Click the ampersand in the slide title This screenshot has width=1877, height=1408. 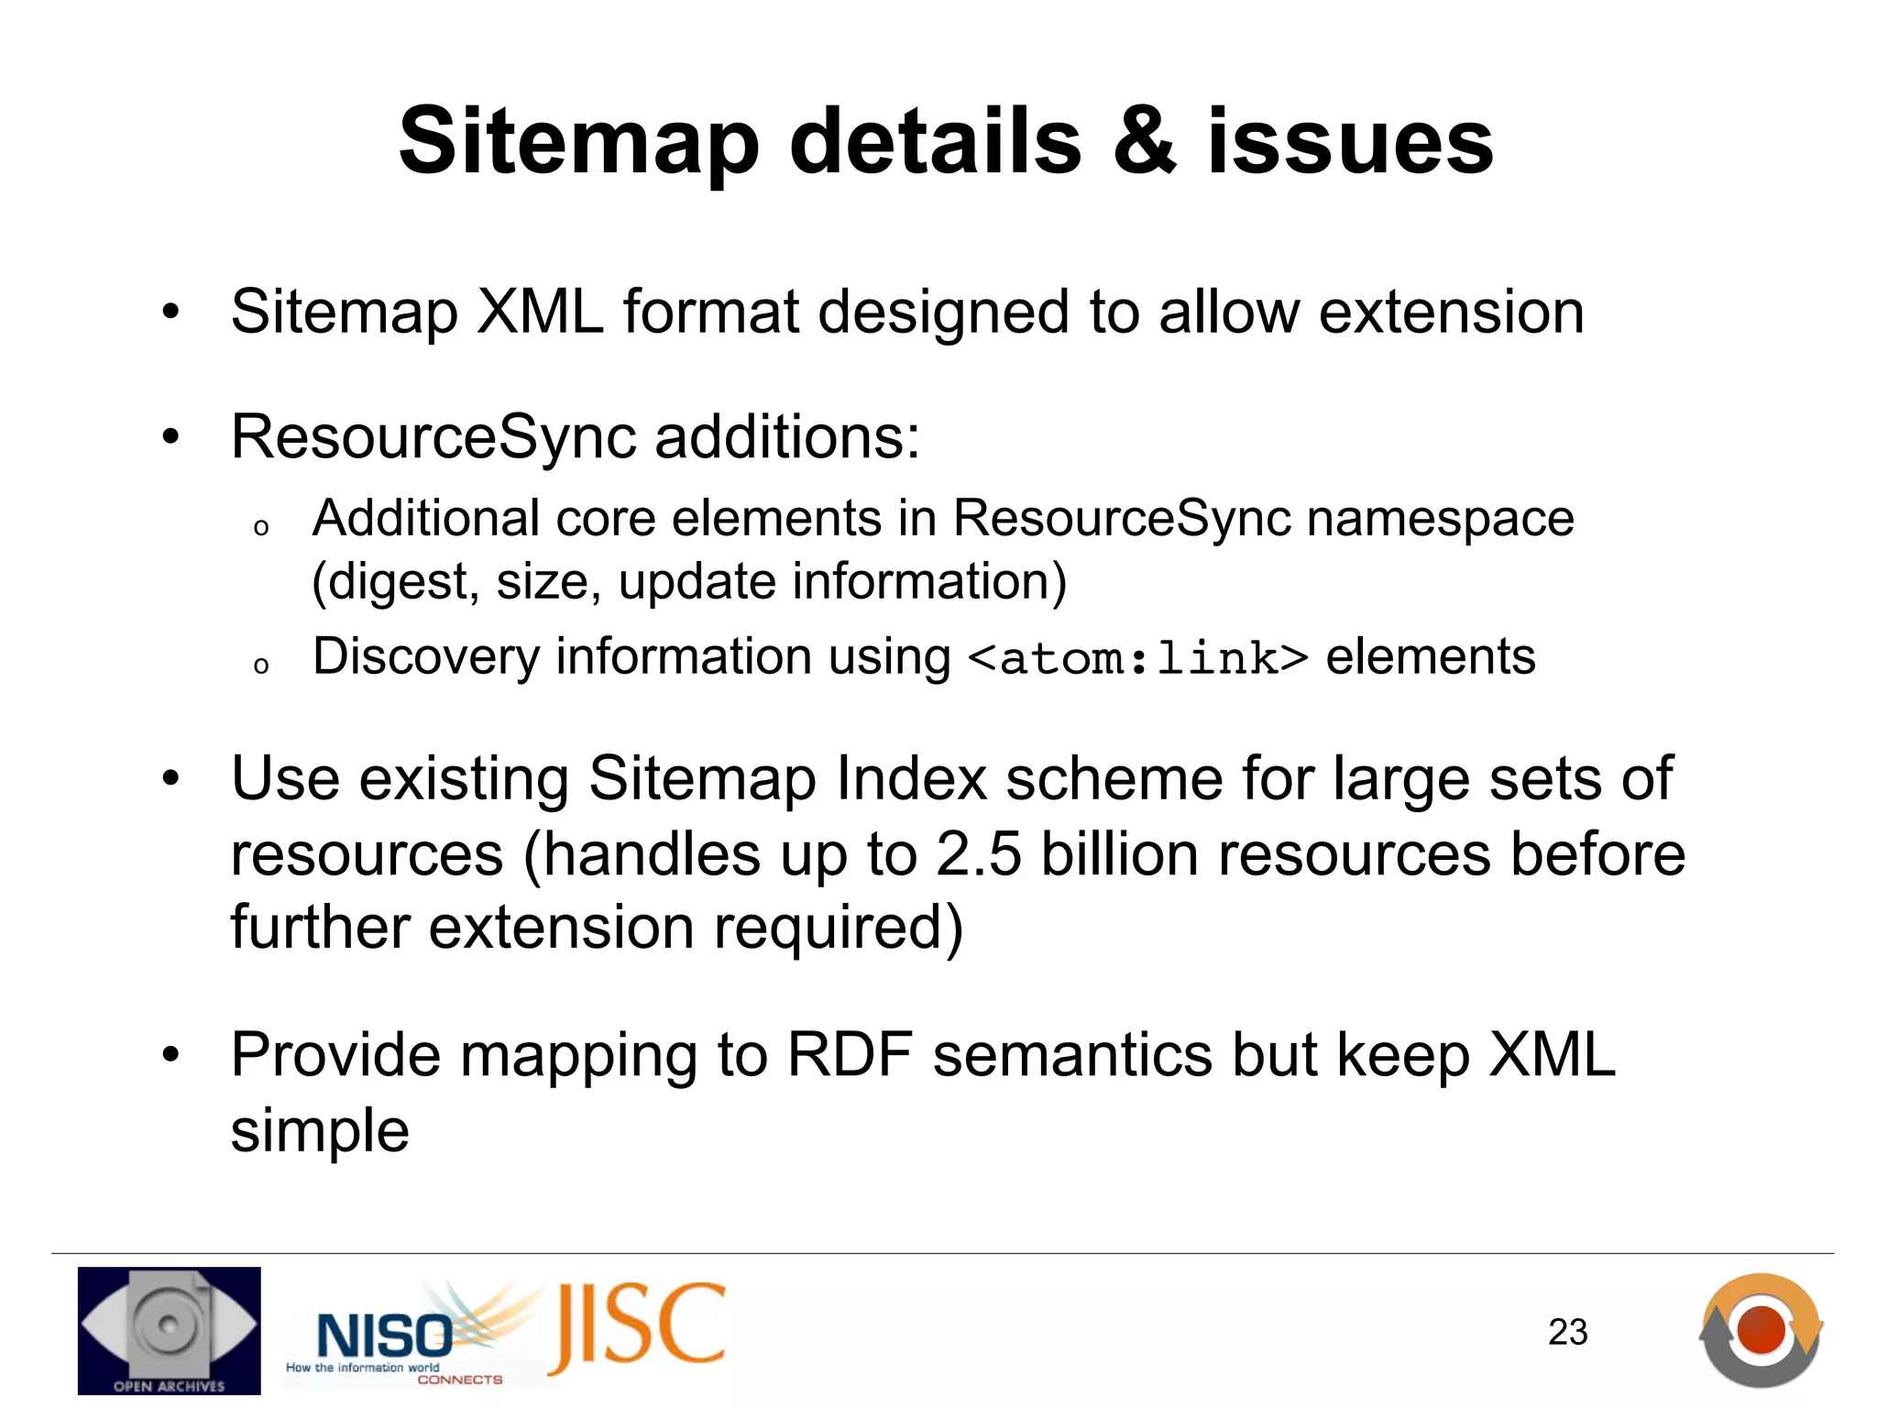[1145, 142]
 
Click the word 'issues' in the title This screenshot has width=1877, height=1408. [1350, 142]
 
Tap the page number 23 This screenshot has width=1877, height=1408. [1567, 1332]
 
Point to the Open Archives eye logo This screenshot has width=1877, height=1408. [169, 1329]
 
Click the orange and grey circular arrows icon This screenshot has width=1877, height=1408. [1761, 1330]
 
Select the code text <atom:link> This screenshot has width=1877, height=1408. [1137, 659]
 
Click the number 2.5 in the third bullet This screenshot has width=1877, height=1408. [978, 855]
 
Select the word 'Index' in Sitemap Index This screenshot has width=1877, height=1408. [911, 780]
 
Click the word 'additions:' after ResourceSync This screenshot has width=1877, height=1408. [786, 437]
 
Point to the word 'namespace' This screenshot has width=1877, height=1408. [1440, 520]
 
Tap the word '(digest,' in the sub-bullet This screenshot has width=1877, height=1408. [395, 583]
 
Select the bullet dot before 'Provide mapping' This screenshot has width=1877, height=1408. [170, 1056]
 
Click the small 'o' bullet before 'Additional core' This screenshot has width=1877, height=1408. [261, 527]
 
